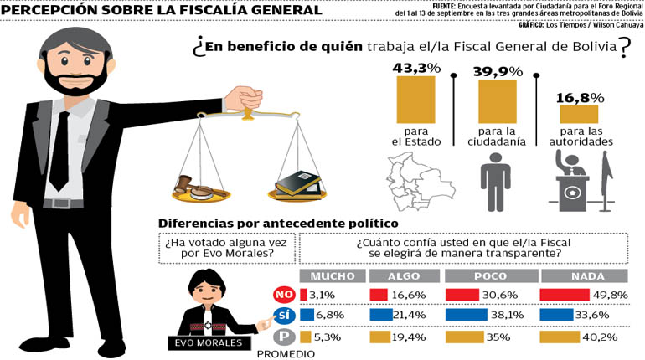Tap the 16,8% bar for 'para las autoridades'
point(579,114)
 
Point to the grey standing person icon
point(496,183)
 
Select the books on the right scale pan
point(297,182)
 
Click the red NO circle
point(285,295)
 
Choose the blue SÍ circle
point(285,316)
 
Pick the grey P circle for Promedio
point(285,337)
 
